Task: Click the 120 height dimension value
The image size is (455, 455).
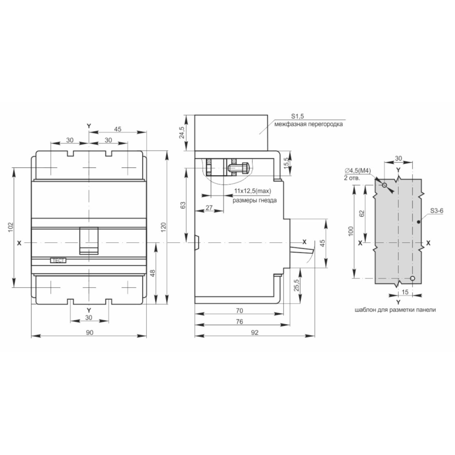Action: coord(163,227)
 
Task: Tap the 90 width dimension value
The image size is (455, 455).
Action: coord(90,333)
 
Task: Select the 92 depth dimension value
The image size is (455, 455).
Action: coord(254,333)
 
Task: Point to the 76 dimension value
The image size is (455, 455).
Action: coord(239,321)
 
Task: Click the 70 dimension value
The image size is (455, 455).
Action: coord(239,311)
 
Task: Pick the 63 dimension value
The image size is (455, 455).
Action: coord(183,205)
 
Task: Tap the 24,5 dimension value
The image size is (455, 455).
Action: coord(182,133)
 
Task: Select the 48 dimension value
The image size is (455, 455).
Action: coord(152,274)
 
